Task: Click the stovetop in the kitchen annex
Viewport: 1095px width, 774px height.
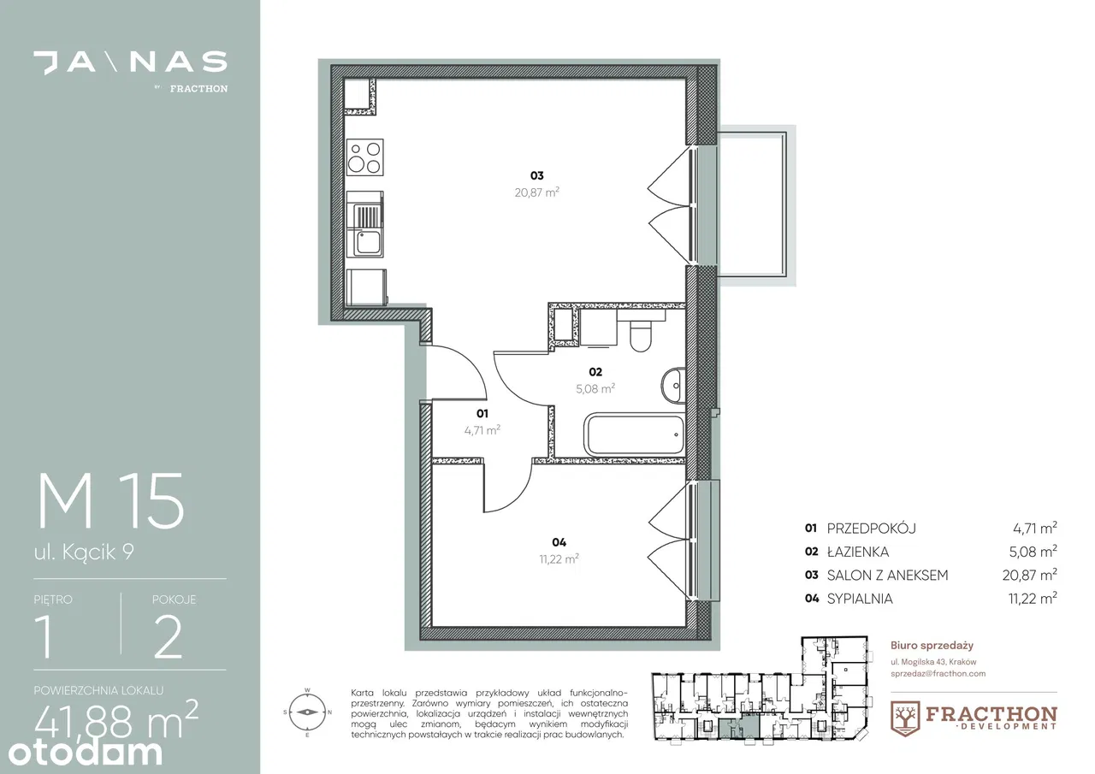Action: (364, 157)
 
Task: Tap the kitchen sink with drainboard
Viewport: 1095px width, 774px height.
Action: (364, 224)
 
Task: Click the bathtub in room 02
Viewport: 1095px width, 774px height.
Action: (634, 434)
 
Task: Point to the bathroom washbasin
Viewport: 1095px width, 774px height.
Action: (673, 386)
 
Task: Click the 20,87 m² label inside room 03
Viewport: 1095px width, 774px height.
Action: (536, 192)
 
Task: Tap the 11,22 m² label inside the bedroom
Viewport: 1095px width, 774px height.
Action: (559, 558)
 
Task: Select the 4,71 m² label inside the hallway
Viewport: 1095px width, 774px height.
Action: (482, 430)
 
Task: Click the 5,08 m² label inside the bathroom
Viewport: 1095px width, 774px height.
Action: (595, 388)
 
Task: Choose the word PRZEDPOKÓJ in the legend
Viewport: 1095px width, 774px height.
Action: (872, 529)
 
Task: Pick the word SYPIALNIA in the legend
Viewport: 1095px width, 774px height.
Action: (860, 599)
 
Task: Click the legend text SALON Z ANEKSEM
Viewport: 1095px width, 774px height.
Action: (887, 575)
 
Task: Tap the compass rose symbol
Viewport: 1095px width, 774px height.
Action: (307, 712)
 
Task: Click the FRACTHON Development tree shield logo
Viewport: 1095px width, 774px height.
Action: (905, 718)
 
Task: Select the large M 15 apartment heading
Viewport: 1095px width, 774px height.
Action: (111, 501)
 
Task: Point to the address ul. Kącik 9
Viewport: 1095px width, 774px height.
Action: (84, 552)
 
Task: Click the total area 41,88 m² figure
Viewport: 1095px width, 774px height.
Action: (116, 718)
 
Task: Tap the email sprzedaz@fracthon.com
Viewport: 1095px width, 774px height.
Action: (938, 674)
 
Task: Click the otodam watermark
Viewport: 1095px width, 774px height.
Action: (85, 753)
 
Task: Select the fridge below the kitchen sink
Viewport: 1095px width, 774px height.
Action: (366, 287)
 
